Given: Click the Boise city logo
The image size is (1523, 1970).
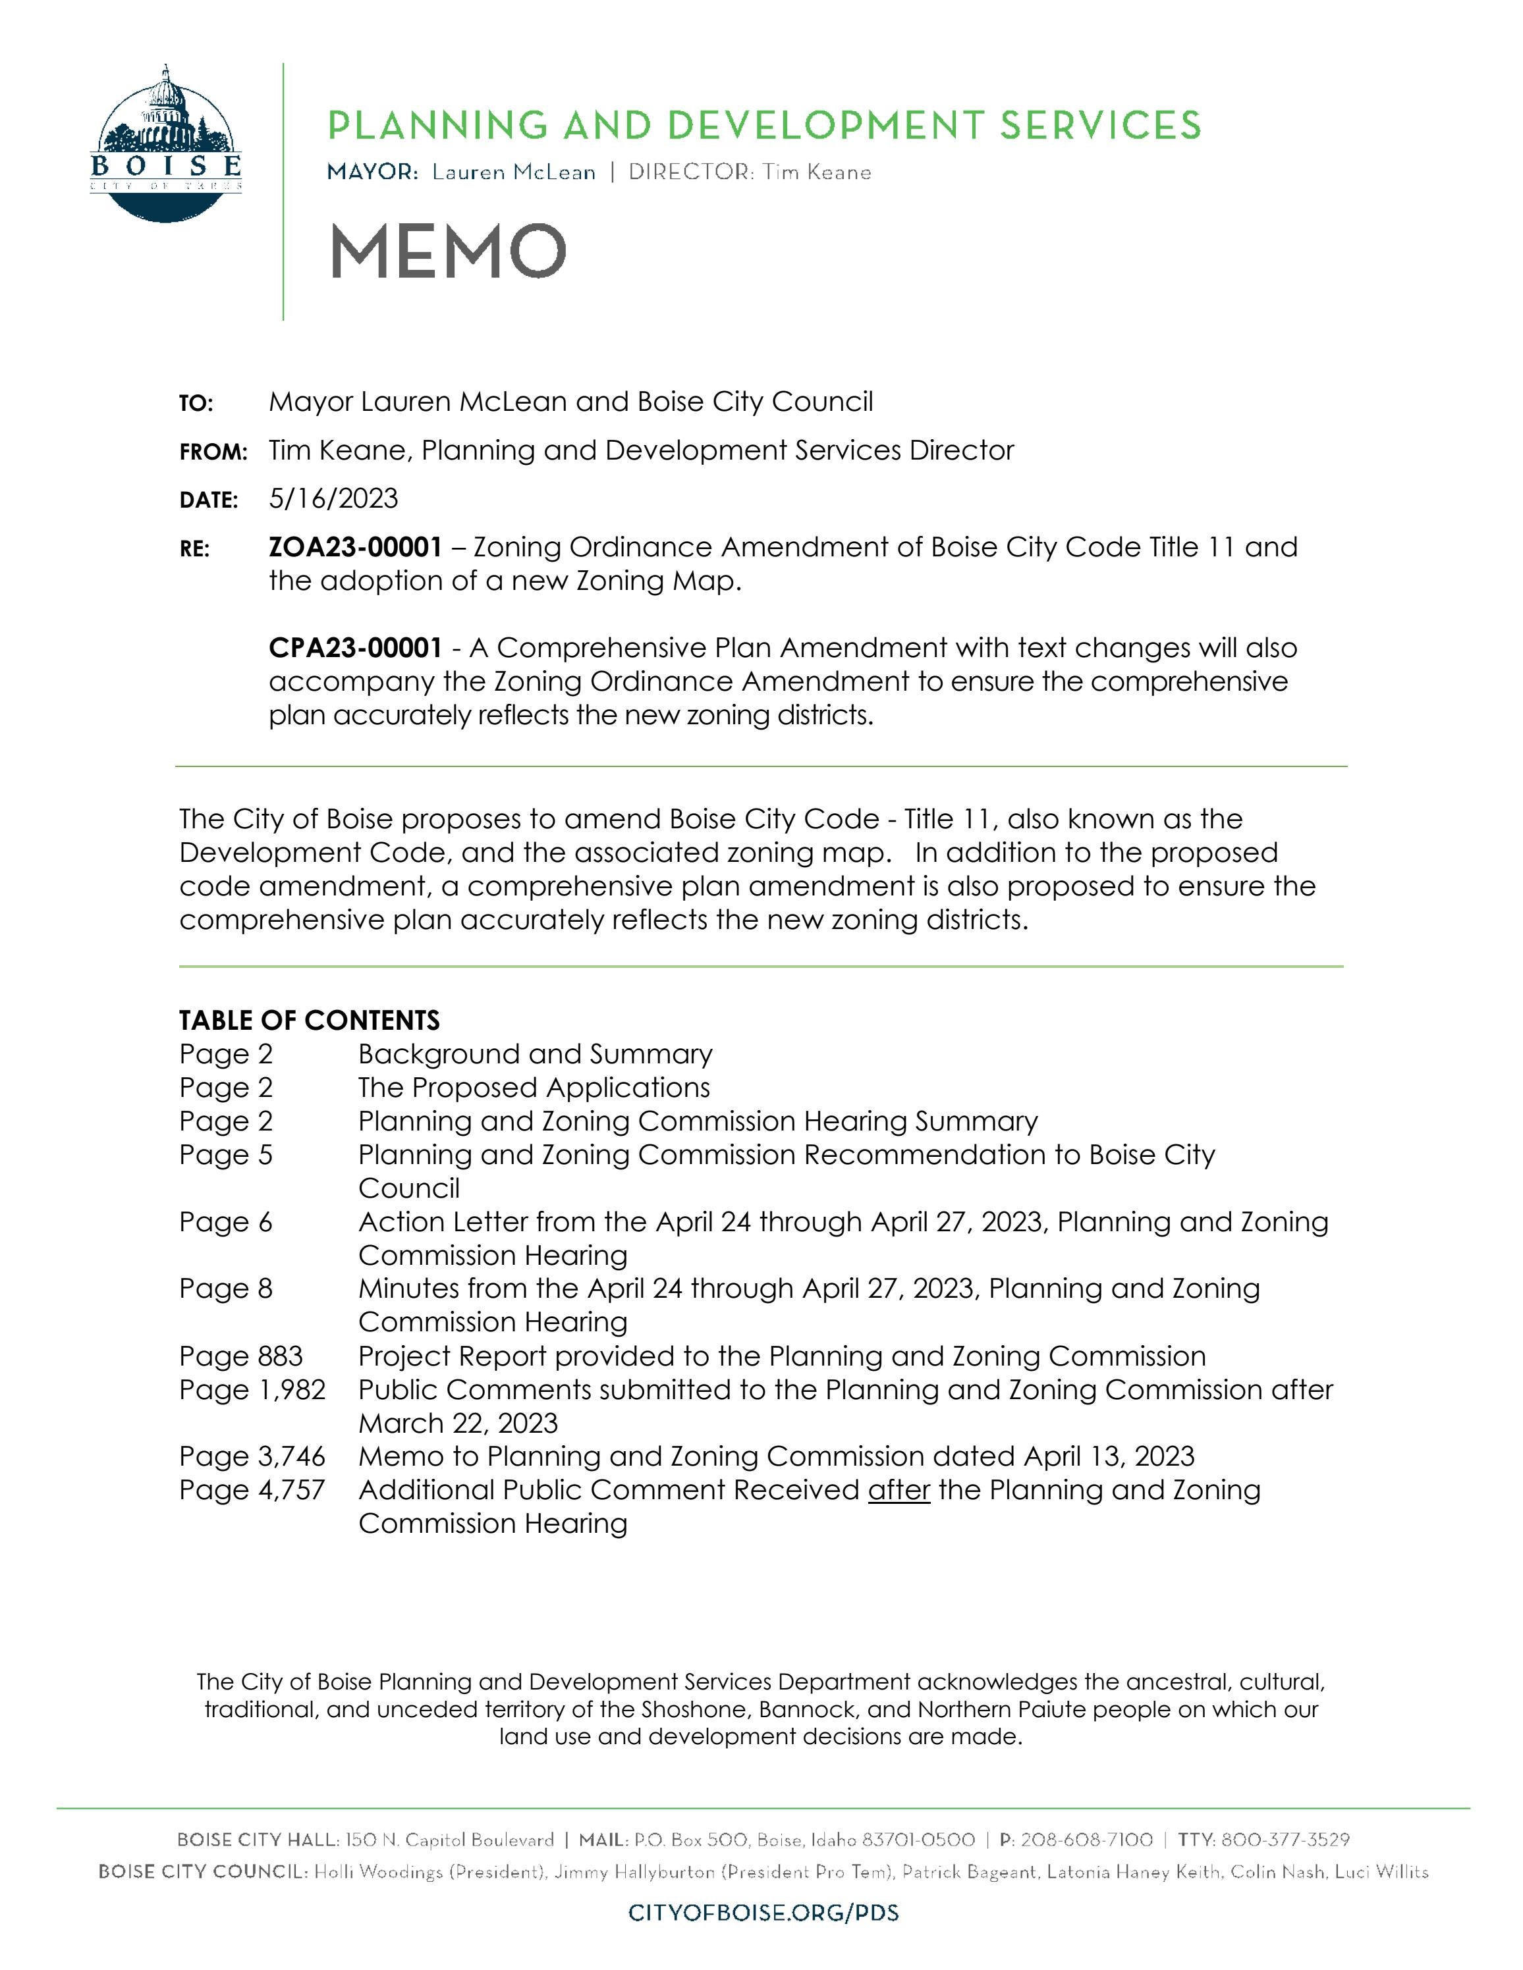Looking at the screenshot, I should pos(166,144).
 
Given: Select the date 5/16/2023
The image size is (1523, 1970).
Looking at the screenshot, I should pos(333,499).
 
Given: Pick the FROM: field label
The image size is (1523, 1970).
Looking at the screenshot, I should pos(213,453).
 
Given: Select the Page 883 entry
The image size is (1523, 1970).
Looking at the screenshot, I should pos(241,1356).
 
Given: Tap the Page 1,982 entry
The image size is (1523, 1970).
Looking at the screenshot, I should pos(252,1390).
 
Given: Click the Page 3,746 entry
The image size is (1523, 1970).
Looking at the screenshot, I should pos(252,1456).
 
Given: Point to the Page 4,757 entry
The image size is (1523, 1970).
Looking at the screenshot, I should pos(252,1490).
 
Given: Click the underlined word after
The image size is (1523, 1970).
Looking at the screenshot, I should pos(899,1490).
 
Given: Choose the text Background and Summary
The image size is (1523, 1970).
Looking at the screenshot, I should pos(535,1054).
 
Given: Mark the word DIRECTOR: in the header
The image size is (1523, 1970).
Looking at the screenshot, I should pos(691,173).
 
